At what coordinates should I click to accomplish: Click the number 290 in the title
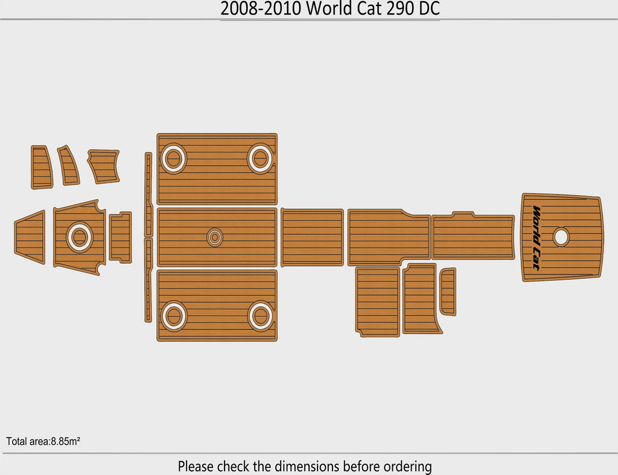tap(400, 8)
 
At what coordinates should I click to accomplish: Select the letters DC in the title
tap(429, 8)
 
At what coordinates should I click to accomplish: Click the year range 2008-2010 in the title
tap(261, 8)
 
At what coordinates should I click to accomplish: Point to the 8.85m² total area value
tap(65, 441)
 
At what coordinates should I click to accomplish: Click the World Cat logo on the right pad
tap(536, 237)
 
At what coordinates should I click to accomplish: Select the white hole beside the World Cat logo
tap(561, 237)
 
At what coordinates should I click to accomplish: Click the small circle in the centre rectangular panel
tap(215, 237)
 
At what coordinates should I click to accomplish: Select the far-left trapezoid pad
tap(30, 237)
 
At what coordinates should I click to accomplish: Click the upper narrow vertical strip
tap(148, 194)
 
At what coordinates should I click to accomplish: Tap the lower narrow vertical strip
tap(148, 280)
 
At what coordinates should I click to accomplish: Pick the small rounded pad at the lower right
tap(448, 292)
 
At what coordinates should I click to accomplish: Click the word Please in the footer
tap(195, 467)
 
